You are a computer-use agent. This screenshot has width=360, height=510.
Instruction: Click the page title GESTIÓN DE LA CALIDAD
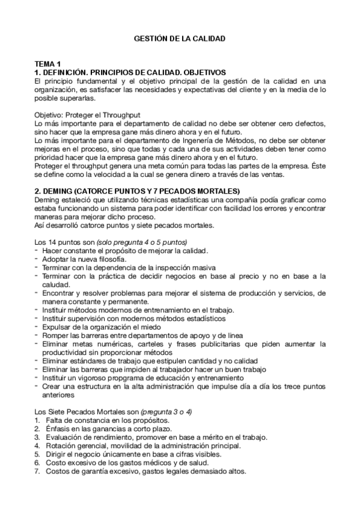pyautogui.click(x=179, y=38)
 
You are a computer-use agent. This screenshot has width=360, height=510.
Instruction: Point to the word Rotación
pyautogui.click(x=59, y=446)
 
